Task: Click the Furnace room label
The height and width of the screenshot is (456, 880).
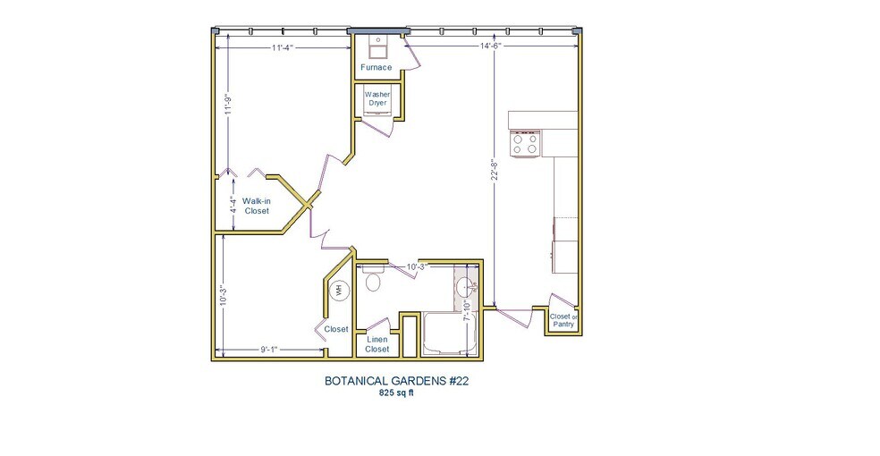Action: coord(377,67)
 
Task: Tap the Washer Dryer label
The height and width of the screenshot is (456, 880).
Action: coord(377,98)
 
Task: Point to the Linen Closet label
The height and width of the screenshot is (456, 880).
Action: coord(377,344)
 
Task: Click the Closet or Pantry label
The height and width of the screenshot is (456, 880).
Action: coord(563,320)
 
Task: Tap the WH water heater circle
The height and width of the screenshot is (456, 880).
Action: coord(339,290)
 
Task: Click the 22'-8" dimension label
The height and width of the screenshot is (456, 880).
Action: coord(493,170)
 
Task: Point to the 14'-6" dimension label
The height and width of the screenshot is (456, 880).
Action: coord(491,45)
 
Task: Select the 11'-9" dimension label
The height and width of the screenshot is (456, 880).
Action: coord(229,105)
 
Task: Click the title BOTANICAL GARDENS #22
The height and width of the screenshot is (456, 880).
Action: coord(397,380)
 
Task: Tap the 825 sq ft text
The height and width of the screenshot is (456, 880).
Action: coord(397,393)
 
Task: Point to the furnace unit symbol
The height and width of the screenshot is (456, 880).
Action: coord(377,42)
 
